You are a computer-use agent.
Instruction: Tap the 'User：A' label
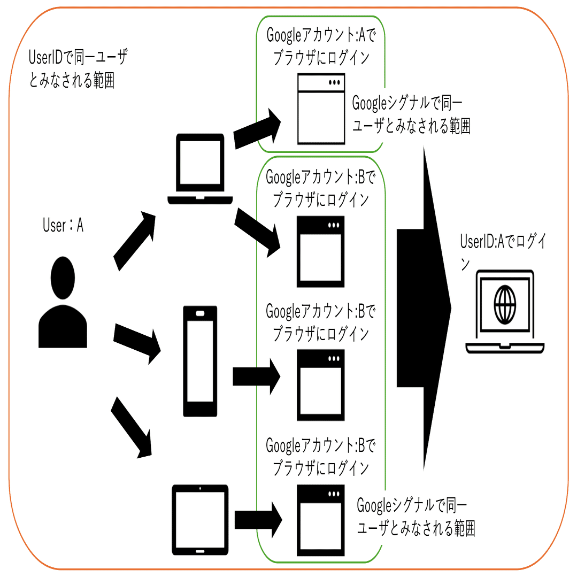tap(63, 226)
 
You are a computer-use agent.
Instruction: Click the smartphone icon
tap(200, 361)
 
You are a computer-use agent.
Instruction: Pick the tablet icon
tap(200, 519)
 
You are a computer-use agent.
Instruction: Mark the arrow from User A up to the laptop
tap(134, 241)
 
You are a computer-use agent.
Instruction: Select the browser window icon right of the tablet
tap(321, 520)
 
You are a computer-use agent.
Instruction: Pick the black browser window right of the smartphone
tap(321, 384)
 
